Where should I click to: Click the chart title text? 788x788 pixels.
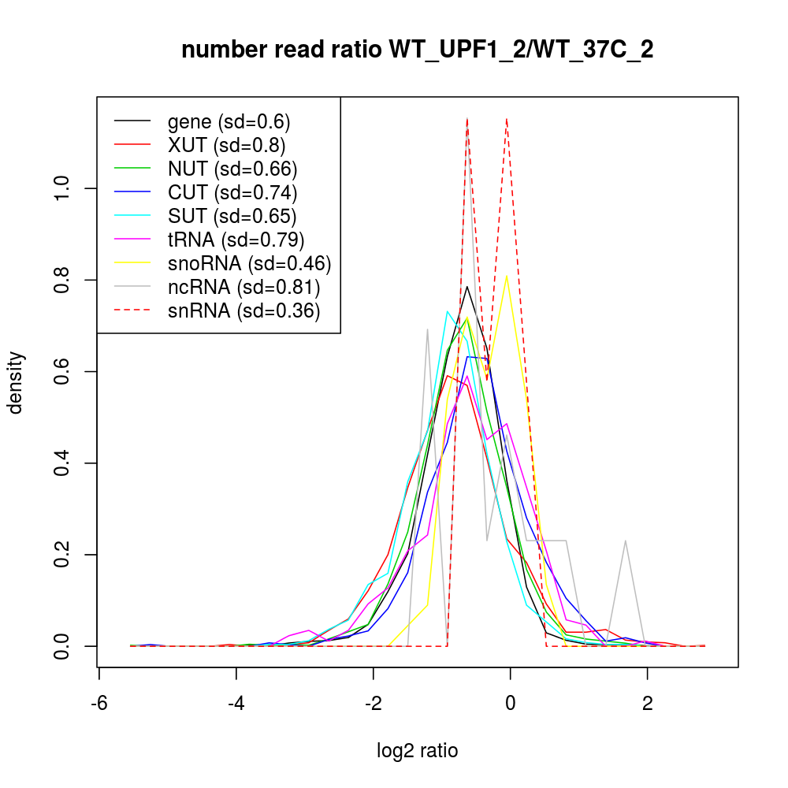click(417, 50)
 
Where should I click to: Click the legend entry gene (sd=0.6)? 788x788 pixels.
click(229, 122)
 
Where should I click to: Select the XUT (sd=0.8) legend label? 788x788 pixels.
click(226, 145)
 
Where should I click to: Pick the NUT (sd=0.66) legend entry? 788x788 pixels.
click(232, 169)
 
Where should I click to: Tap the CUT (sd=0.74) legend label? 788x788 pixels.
click(232, 191)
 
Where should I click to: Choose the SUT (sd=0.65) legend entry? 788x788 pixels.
click(232, 215)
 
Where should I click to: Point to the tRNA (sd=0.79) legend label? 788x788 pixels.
click(236, 238)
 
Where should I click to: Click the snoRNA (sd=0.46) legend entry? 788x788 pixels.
click(249, 262)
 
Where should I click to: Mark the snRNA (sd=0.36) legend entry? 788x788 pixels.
click(243, 310)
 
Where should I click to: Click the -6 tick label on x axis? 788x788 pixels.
click(98, 703)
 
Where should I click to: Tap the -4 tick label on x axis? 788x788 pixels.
click(236, 703)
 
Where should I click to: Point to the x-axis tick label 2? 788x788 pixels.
click(647, 703)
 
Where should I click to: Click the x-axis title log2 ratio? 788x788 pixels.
click(417, 751)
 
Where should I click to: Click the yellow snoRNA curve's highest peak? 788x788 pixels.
click(506, 276)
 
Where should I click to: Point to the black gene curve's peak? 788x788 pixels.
click(467, 286)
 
